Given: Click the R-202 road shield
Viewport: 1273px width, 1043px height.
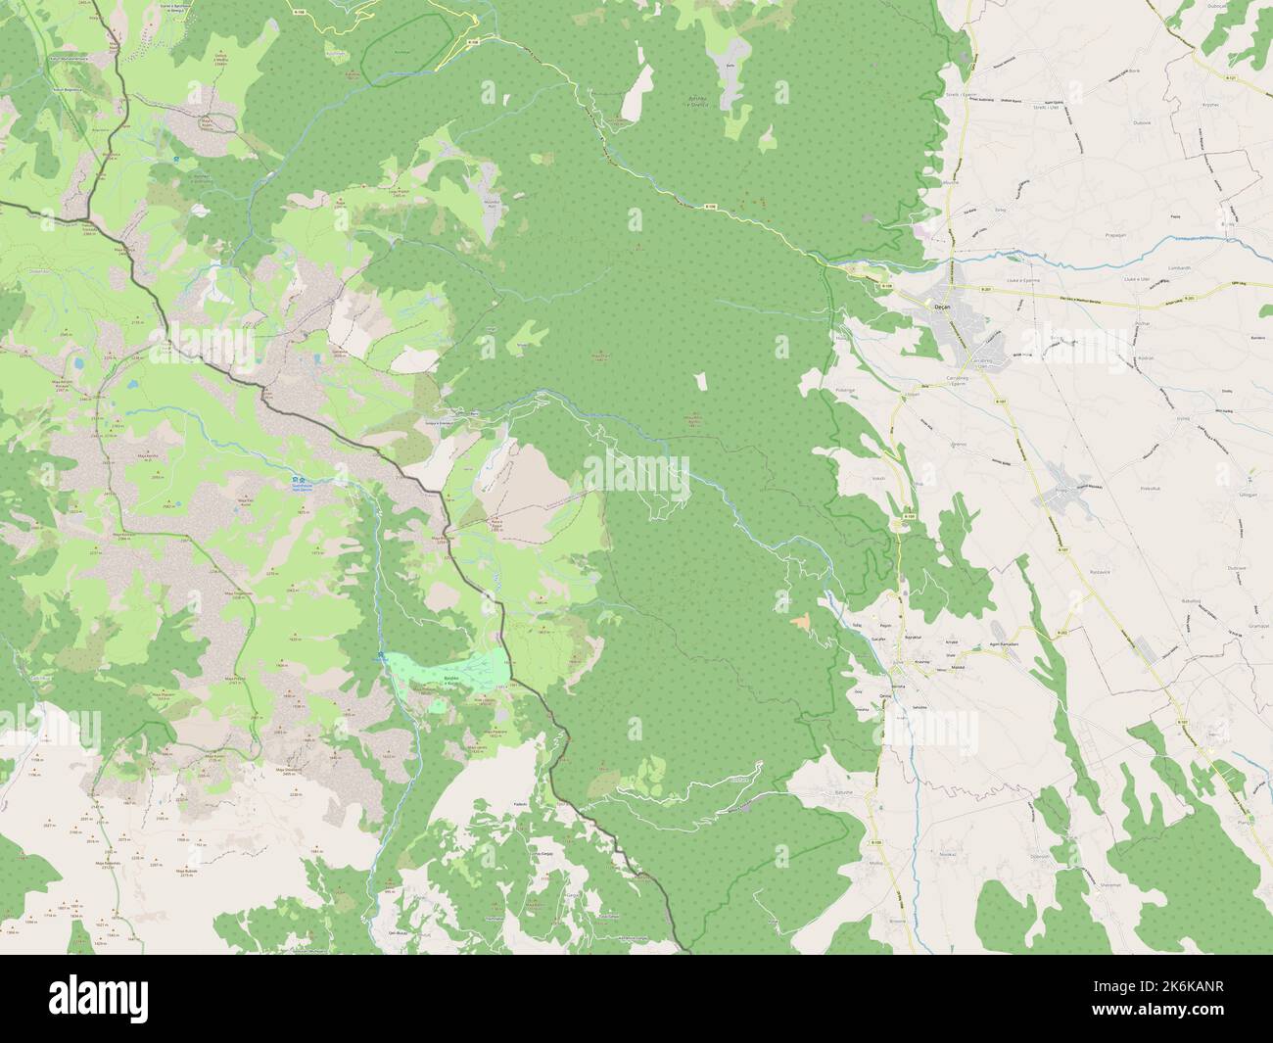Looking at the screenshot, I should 1063,634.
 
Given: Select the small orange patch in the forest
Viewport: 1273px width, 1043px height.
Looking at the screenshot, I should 802,621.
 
